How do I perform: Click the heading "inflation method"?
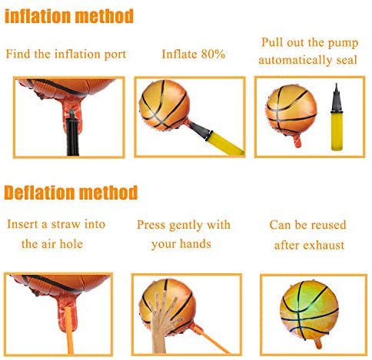click(69, 16)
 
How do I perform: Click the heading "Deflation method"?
click(71, 193)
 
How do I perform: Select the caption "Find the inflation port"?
click(66, 54)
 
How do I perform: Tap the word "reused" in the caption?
click(330, 225)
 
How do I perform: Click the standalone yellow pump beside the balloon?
click(337, 117)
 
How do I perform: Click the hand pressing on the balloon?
click(164, 322)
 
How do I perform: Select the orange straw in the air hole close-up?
click(69, 330)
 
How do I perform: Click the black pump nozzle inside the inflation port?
click(72, 133)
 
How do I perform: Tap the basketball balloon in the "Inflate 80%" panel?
click(164, 105)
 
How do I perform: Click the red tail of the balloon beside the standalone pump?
click(297, 140)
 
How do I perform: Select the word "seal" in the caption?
click(347, 60)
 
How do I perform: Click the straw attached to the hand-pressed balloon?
click(210, 339)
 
